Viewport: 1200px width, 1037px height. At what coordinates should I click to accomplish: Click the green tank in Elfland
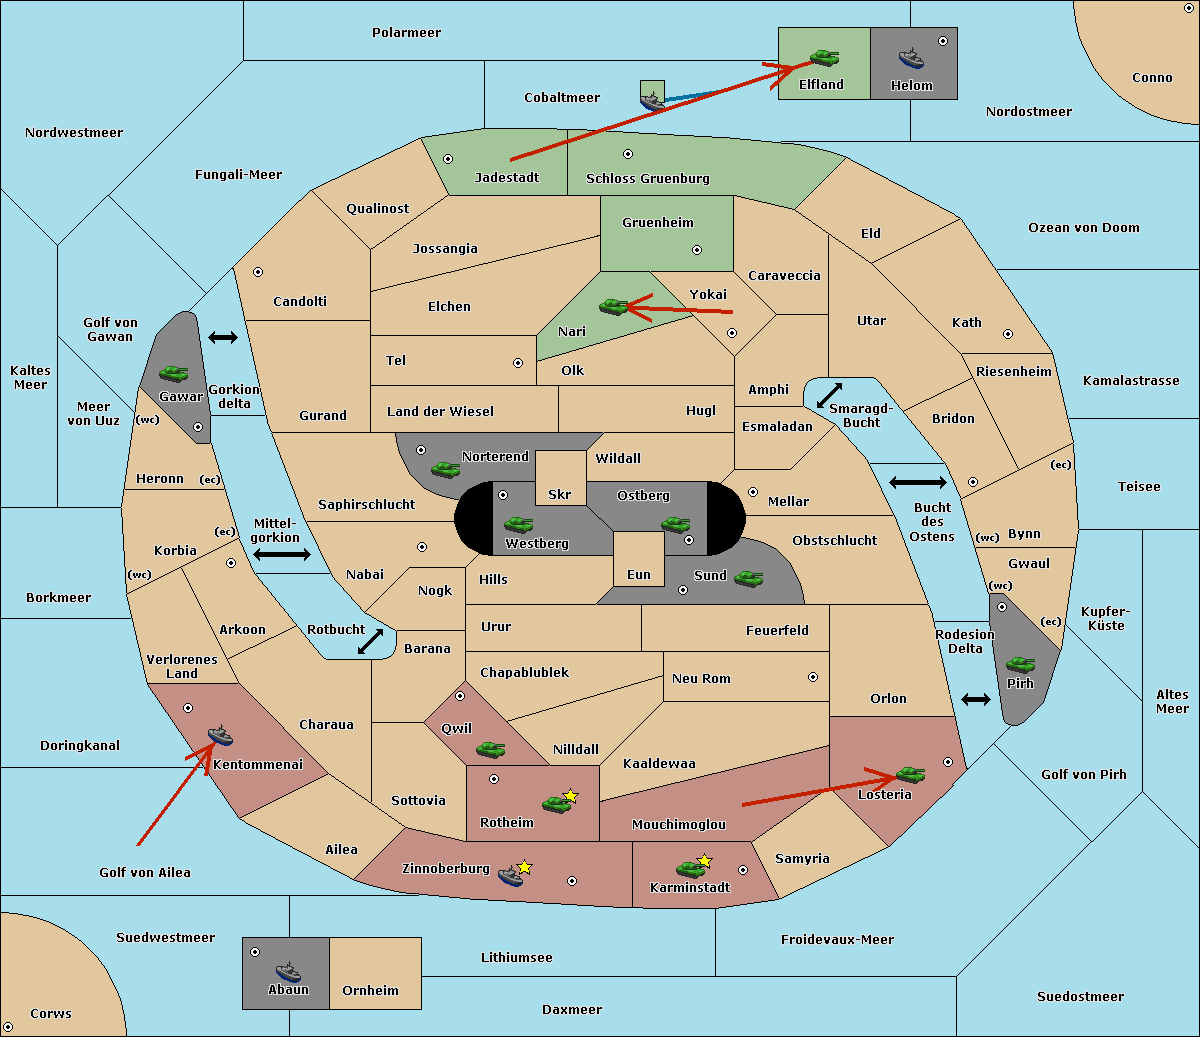(824, 57)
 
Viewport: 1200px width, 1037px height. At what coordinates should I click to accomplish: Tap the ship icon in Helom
(911, 58)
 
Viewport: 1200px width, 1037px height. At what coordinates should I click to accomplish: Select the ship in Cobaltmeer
(653, 100)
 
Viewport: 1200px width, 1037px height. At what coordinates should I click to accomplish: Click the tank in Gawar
(174, 373)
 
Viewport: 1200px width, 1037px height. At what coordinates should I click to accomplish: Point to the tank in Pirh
(1021, 664)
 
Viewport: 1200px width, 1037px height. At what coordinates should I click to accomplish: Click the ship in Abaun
(288, 971)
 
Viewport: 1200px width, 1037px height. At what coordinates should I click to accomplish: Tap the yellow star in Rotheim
(570, 795)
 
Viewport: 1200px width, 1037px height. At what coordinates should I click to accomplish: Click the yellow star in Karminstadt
(704, 860)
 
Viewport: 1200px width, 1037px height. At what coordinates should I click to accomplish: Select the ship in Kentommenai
(221, 735)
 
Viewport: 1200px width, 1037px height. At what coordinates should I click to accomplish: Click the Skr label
(559, 494)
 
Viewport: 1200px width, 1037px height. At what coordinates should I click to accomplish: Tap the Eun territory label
(639, 574)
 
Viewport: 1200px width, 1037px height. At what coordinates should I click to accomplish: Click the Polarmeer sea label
(406, 33)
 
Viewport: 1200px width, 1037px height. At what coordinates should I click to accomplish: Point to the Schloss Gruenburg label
(648, 178)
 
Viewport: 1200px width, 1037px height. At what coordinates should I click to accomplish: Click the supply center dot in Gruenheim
(697, 250)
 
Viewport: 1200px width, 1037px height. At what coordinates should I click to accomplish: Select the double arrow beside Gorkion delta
(223, 337)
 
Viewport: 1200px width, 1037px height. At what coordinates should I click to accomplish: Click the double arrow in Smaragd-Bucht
(829, 395)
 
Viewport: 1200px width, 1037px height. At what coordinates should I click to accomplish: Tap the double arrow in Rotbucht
(370, 642)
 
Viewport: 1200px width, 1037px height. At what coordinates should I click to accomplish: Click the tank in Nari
(614, 307)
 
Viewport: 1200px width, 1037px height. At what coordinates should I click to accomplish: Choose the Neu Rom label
(701, 678)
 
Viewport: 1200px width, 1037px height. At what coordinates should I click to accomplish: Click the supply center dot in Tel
(518, 363)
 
